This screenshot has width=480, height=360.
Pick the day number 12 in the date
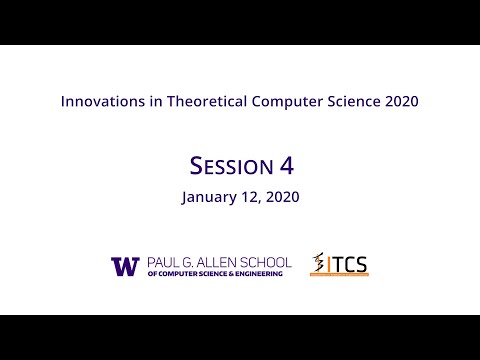253,197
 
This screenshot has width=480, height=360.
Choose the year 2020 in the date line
283,197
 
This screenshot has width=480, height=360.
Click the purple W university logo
125,266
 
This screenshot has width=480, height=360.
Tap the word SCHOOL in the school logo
271,262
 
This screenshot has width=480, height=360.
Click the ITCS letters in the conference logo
348,265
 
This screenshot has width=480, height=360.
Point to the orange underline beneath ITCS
340,277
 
